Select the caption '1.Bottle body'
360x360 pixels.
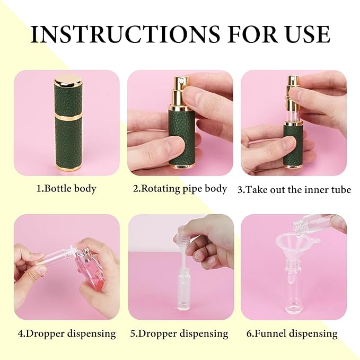pos(66,188)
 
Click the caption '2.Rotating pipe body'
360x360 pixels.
pos(180,188)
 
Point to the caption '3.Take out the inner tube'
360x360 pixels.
pos(294,189)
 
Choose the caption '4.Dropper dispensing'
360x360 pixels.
pos(66,333)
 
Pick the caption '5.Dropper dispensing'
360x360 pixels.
pos(180,333)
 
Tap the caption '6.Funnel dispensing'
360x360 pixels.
pos(295,333)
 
